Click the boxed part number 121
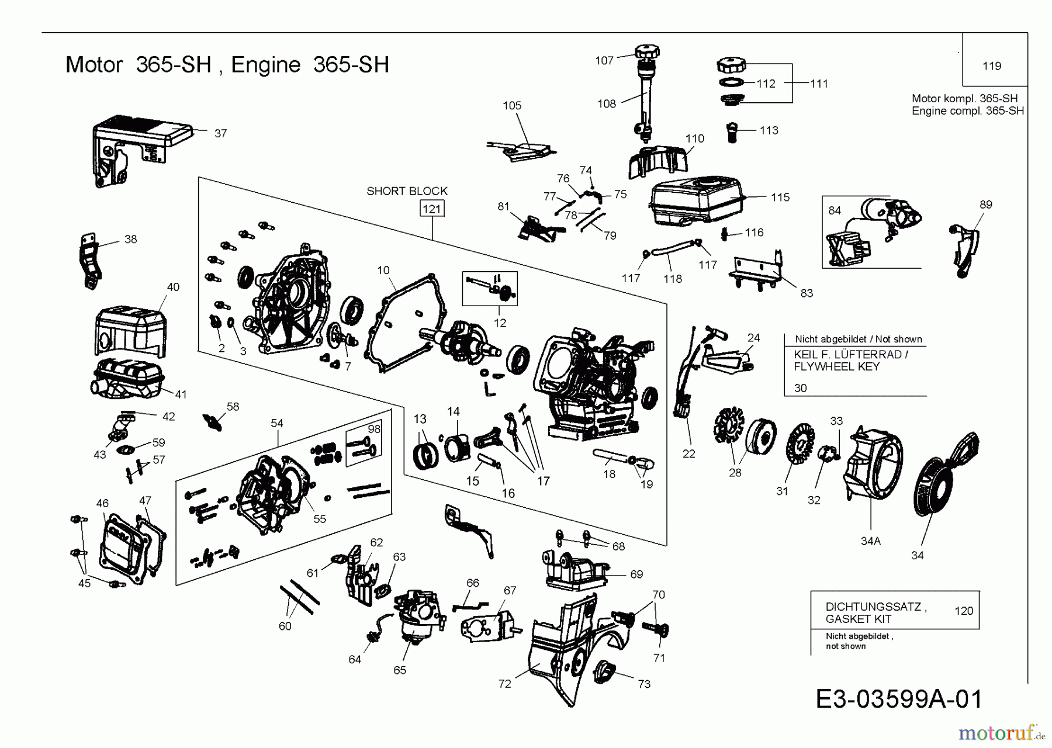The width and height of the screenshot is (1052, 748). click(x=432, y=209)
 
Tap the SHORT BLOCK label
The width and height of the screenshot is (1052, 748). click(x=407, y=191)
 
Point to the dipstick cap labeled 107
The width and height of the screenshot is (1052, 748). click(x=646, y=51)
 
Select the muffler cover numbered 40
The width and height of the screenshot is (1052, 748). click(x=130, y=328)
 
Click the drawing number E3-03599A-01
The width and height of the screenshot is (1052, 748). click(x=898, y=699)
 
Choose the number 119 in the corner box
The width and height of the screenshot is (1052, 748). click(x=992, y=66)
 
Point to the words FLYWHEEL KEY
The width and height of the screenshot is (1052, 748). click(x=836, y=367)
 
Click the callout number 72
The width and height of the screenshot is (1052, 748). click(x=504, y=684)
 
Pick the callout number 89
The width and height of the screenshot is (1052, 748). click(x=985, y=205)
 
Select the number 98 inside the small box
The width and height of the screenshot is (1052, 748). click(x=374, y=429)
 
